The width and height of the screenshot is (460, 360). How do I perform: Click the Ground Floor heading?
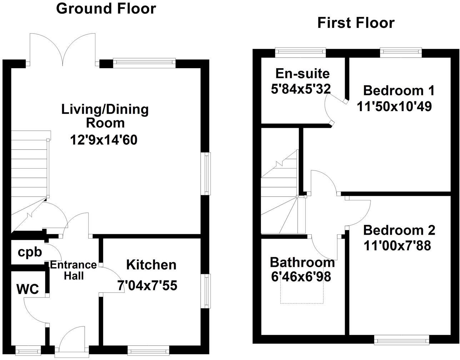106,9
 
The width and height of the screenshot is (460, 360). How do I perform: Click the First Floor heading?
356,23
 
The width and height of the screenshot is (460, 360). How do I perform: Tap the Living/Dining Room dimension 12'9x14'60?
104,140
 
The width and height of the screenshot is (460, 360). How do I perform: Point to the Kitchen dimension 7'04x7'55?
147,286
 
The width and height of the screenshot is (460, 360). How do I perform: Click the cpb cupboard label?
30,252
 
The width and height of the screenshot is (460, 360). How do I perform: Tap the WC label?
27,289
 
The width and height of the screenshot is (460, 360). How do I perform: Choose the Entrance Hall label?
73,270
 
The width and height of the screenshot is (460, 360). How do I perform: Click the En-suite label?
302,74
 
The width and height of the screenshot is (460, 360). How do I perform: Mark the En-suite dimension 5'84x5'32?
301,89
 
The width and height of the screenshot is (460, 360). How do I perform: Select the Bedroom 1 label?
399,90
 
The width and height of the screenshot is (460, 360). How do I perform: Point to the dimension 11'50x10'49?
394,106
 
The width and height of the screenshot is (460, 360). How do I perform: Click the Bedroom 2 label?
399,230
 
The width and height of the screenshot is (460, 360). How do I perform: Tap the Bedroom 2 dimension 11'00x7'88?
397,246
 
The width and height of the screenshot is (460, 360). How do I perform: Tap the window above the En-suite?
300,52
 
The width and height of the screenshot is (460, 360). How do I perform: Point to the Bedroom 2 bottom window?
401,340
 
